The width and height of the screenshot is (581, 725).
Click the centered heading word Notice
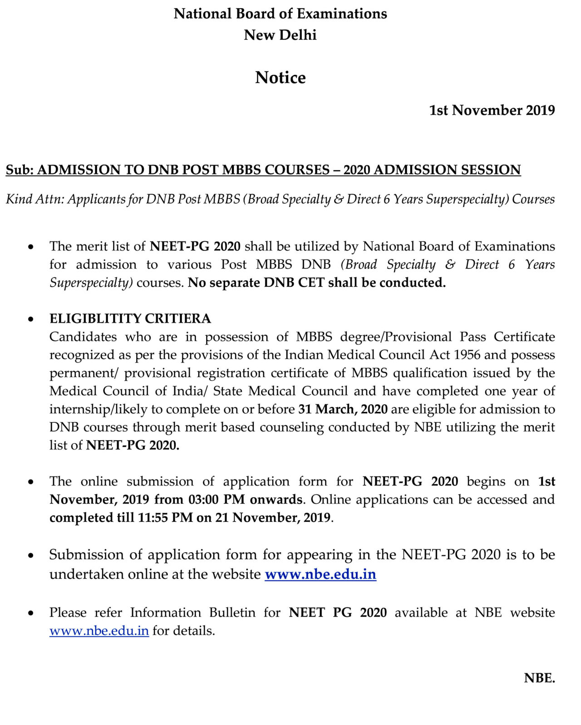pos(280,78)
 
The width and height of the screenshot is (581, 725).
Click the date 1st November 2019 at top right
pos(492,110)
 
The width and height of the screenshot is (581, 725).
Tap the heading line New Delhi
pos(280,35)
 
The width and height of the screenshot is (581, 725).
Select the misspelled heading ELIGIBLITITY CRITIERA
pos(130,318)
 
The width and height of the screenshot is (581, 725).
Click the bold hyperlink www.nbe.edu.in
pos(320,574)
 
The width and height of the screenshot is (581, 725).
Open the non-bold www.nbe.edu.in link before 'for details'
pos(99,631)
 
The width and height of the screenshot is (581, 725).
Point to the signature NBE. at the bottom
pos(539,678)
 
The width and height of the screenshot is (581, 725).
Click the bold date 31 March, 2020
pos(343,409)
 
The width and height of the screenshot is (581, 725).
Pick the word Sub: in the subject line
pos(20,170)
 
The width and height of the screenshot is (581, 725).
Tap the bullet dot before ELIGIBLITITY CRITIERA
pos(31,319)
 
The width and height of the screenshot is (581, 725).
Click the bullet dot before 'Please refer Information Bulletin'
pos(31,613)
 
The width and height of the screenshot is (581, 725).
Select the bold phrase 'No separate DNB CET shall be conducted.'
pos(317,283)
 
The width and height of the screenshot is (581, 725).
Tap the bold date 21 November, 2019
pos(273,518)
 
